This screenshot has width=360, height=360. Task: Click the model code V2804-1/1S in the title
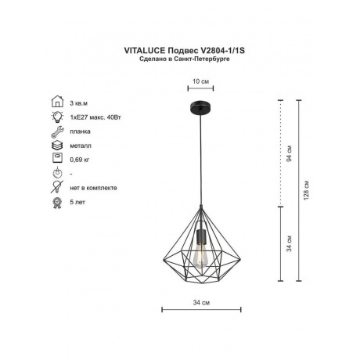click(222, 50)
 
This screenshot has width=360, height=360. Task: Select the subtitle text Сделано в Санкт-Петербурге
click(185, 59)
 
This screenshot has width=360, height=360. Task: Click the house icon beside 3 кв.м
click(58, 102)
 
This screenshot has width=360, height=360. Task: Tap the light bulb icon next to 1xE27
click(58, 117)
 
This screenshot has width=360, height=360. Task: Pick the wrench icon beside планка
click(57, 131)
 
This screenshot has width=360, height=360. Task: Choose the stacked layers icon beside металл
click(57, 146)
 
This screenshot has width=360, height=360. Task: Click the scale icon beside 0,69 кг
click(57, 158)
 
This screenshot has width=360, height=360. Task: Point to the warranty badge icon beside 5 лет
click(57, 203)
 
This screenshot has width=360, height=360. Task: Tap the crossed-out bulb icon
click(57, 187)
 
